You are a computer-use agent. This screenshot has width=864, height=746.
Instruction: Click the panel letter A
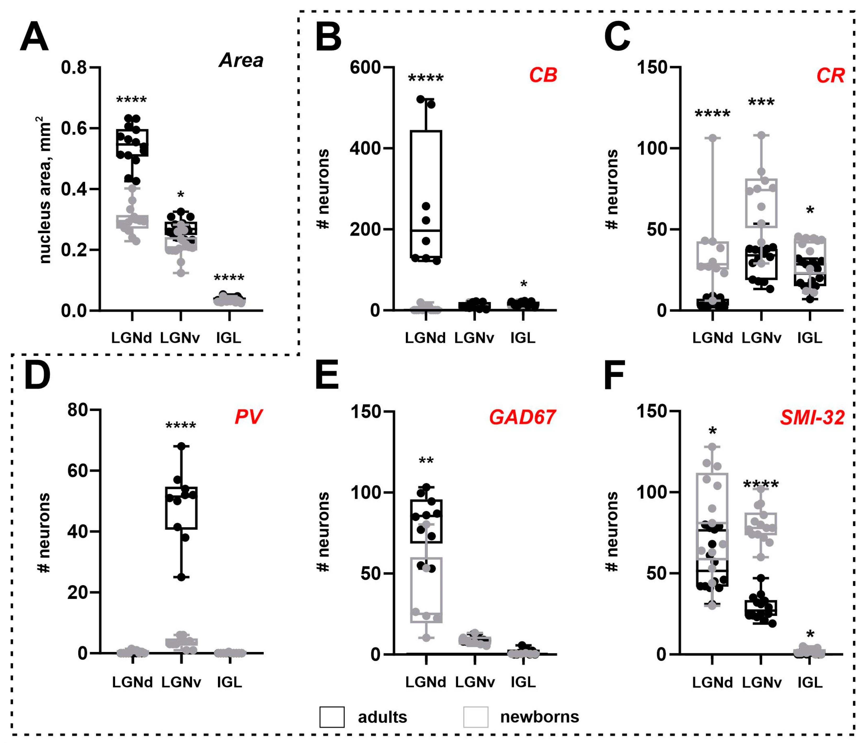(x=34, y=37)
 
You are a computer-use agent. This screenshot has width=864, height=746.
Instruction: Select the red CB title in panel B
(x=543, y=75)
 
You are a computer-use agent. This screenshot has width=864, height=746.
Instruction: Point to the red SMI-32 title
(x=812, y=418)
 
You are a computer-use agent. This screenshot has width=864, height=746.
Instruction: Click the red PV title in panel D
(x=249, y=417)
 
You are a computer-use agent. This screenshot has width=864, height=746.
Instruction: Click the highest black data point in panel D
(x=181, y=446)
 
